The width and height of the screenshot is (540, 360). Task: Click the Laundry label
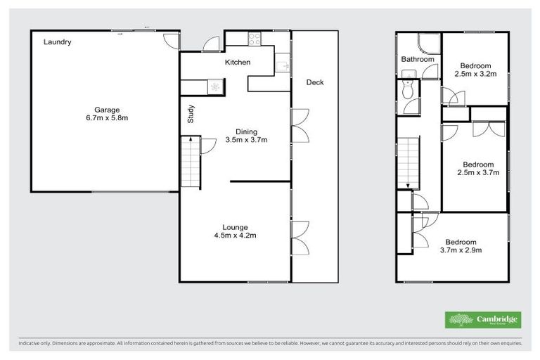(x=58, y=42)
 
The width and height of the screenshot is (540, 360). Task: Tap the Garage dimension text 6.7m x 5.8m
(x=108, y=118)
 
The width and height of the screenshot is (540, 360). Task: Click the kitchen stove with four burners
(x=253, y=39)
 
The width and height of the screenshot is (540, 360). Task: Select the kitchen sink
(x=282, y=66)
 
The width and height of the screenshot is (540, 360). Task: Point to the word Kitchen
(x=238, y=63)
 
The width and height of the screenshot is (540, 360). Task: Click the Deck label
(x=314, y=82)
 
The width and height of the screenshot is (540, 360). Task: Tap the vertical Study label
(x=191, y=114)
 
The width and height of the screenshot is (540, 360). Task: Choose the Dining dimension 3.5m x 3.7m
(x=246, y=140)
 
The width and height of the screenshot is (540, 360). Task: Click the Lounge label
(x=235, y=227)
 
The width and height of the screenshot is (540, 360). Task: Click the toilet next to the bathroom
(x=406, y=89)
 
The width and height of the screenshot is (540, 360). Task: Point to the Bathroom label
(x=418, y=60)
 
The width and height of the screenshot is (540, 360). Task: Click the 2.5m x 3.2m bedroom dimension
(x=476, y=74)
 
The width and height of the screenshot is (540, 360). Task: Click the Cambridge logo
(x=483, y=320)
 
